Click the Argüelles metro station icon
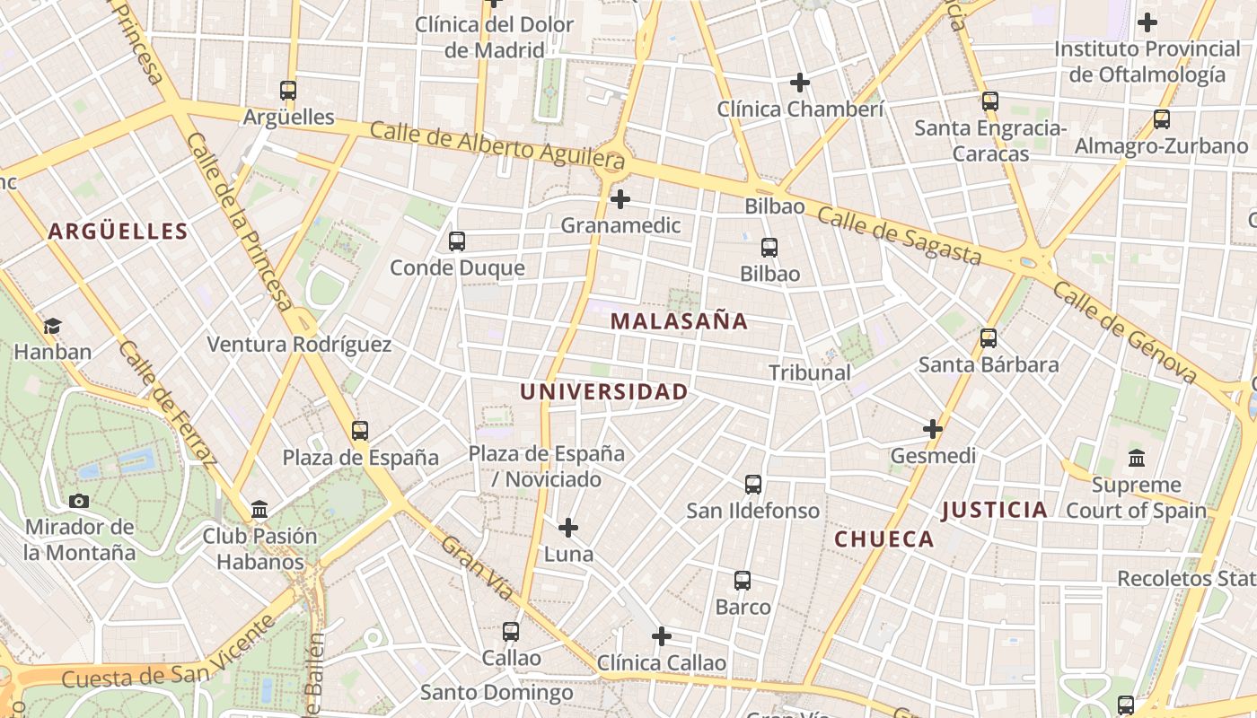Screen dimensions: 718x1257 (287, 91)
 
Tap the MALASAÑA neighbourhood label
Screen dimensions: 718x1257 (679, 321)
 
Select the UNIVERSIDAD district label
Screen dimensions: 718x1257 (603, 392)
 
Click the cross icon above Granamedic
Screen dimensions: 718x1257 (620, 199)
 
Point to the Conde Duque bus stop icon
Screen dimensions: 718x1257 (456, 241)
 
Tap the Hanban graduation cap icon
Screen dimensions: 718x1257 (52, 326)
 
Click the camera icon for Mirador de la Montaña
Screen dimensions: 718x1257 (79, 501)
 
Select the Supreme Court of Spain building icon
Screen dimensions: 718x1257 (1137, 458)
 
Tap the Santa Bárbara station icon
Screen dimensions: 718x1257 (989, 338)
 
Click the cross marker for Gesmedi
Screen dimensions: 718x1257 (933, 429)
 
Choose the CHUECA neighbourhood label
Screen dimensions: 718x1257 (884, 539)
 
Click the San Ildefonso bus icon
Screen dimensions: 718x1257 (753, 485)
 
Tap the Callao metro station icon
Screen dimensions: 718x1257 (511, 632)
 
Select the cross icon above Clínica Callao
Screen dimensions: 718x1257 (662, 636)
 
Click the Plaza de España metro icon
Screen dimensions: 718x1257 (360, 431)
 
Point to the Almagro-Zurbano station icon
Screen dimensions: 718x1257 (1161, 118)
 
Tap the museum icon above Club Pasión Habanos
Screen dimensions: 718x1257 (259, 510)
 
